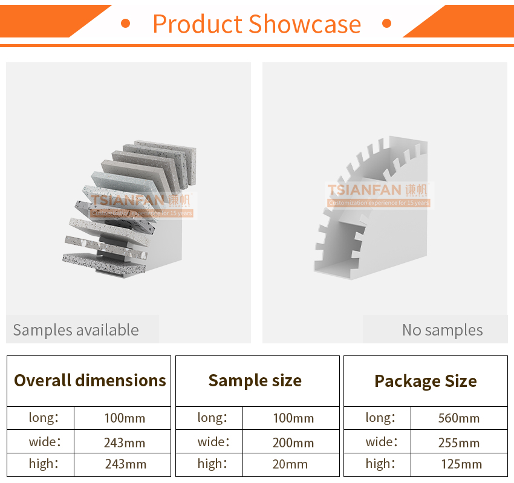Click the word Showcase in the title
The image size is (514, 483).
tap(305, 24)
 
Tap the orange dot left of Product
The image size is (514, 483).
tap(126, 23)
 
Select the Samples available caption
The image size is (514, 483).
tap(76, 330)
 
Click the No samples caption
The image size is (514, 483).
tap(442, 330)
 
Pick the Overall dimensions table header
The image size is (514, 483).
tap(90, 380)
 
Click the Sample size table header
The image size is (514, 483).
tap(255, 381)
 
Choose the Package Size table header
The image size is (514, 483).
tap(426, 381)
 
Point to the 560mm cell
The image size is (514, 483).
tap(458, 418)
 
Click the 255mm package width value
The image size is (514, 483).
tap(458, 443)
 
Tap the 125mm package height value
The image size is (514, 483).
tap(461, 464)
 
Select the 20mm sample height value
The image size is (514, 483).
tap(290, 464)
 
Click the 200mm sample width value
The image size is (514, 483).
tap(293, 443)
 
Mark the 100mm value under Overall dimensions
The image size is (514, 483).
tap(125, 418)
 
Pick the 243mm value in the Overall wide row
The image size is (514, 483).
tap(125, 443)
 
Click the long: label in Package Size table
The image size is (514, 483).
tap(380, 418)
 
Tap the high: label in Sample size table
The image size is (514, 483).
tap(212, 464)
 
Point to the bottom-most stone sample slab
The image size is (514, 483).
tap(104, 264)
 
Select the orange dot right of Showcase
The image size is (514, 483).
tap(387, 23)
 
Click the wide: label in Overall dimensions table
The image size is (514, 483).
tap(45, 442)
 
